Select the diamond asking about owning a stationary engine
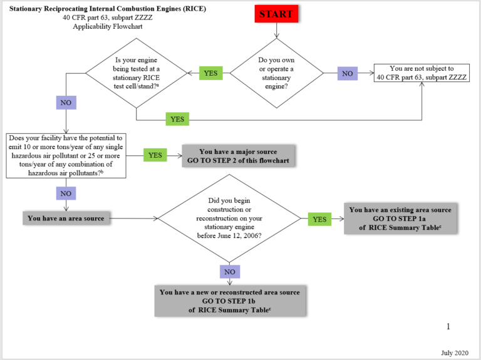pos(277,73)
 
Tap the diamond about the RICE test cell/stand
pos(137,73)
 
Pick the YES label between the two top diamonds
pos(210,73)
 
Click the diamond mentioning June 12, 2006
pos(230,219)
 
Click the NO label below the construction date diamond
pos(230,272)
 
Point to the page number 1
pos(448,326)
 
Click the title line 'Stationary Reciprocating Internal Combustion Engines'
pos(107,9)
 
